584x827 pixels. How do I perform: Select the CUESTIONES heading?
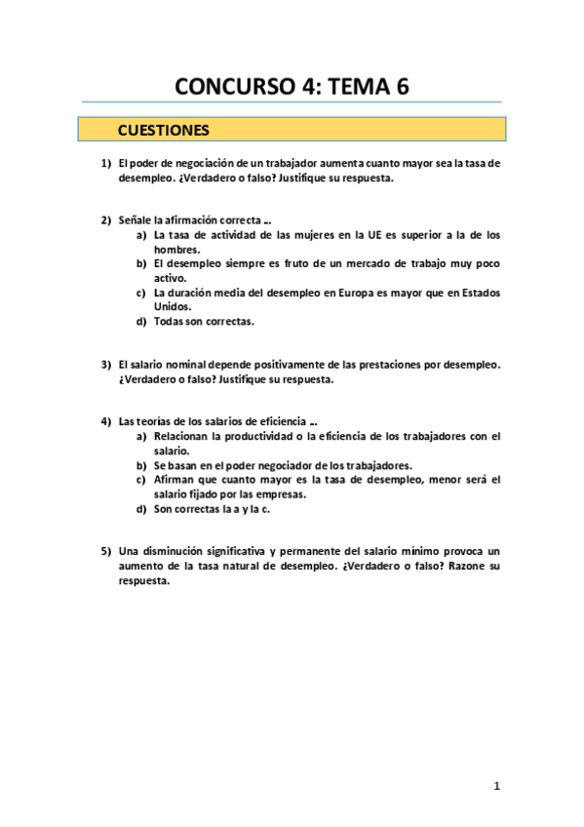pyautogui.click(x=163, y=129)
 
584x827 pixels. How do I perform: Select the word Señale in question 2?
pyautogui.click(x=135, y=220)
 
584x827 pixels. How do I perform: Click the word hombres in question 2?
pyautogui.click(x=176, y=249)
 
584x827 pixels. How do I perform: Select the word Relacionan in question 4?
pyautogui.click(x=186, y=436)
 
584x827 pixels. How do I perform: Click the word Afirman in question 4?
pyautogui.click(x=175, y=479)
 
